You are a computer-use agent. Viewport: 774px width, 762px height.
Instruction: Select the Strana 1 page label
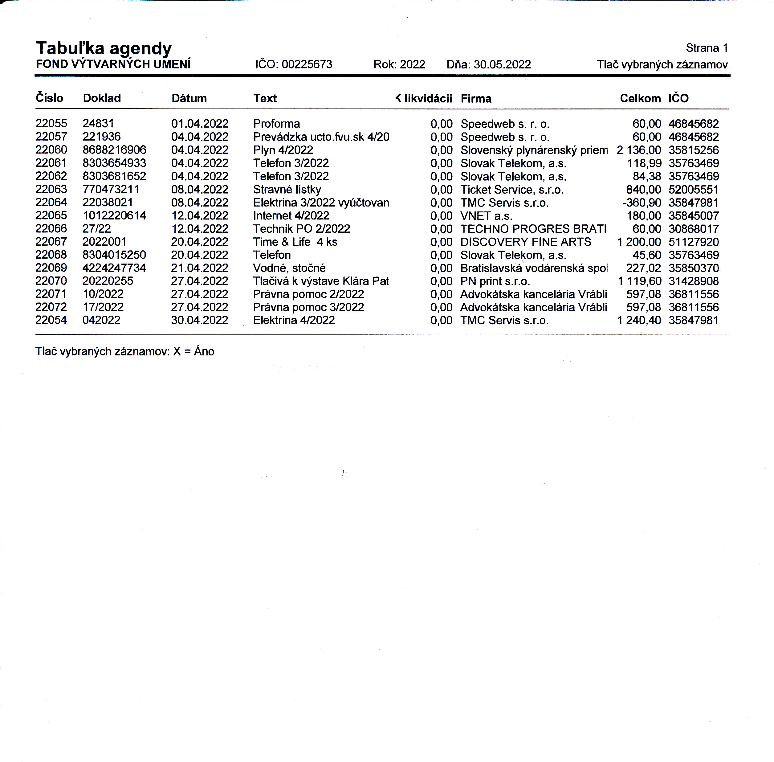pos(707,48)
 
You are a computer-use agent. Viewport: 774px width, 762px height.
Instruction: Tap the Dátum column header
pos(189,98)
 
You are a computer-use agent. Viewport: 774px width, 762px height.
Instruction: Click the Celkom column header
pos(640,98)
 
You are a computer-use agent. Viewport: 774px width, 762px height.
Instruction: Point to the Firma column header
pos(476,98)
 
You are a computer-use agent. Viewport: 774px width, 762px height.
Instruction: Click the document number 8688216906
pos(114,150)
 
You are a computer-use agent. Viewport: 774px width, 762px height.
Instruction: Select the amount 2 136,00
pos(639,150)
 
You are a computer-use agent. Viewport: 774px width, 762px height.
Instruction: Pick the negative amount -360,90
pos(641,203)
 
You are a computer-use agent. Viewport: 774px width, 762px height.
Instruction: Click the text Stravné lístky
pos(287,189)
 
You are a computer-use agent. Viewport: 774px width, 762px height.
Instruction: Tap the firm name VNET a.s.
pos(486,216)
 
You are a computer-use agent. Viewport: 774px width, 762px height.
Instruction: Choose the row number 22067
pos(51,242)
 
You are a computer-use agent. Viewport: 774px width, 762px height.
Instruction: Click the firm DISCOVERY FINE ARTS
pos(525,242)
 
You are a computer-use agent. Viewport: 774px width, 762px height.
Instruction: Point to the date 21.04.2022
pos(200,268)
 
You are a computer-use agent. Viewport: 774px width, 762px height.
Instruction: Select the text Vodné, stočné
pos(289,268)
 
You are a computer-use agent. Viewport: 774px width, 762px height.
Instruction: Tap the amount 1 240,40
pos(639,320)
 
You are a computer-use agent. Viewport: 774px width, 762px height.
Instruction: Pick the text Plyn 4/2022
pos(283,150)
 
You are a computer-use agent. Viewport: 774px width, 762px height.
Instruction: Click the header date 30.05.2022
pos(502,64)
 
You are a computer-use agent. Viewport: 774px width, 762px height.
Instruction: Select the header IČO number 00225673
pos(307,64)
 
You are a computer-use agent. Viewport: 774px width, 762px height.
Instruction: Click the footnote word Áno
pos(204,351)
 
